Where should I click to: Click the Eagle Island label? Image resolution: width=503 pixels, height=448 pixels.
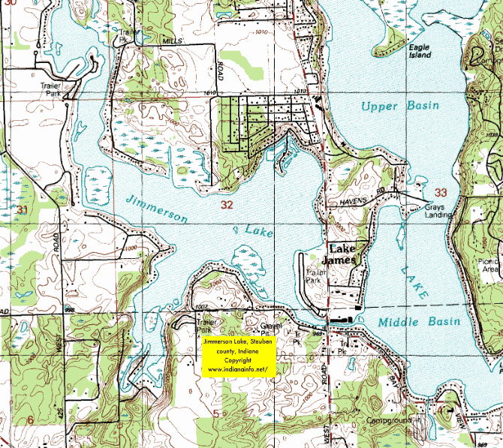419,51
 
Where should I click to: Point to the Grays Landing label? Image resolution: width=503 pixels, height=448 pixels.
435,211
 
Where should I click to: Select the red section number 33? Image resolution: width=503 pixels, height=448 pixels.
440,192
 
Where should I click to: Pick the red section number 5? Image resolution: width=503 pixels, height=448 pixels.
216,413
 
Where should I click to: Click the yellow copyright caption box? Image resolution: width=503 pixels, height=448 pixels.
239,356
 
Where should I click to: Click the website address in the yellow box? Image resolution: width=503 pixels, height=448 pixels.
238,370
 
